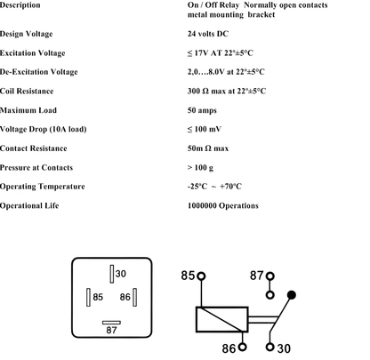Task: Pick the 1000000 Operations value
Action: pyautogui.click(x=223, y=205)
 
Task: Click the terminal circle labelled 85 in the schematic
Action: pyautogui.click(x=202, y=277)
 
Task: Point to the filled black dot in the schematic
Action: pyautogui.click(x=292, y=294)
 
